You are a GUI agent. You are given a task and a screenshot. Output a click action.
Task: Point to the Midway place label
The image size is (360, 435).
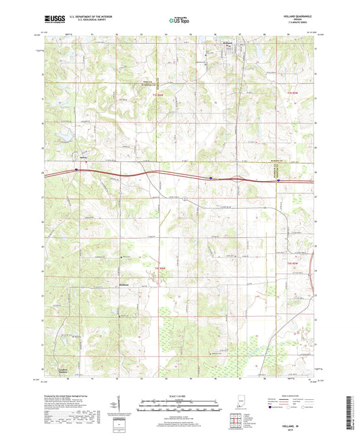click(x=124, y=285)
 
